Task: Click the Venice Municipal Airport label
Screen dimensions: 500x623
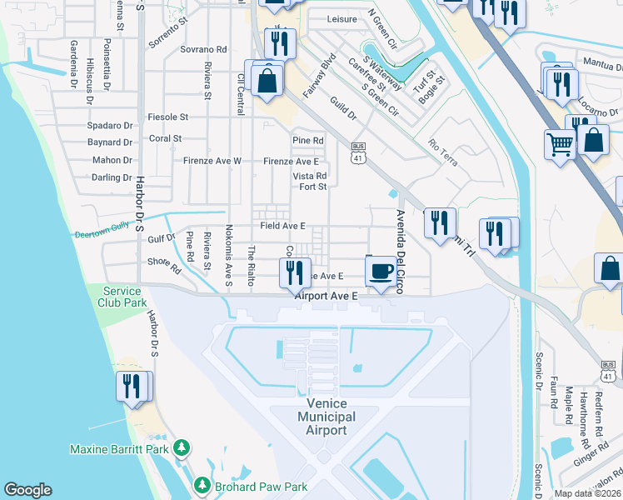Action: [x=325, y=417]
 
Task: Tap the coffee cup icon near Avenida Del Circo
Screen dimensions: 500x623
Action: [x=381, y=271]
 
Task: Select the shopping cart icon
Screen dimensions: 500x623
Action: [x=561, y=144]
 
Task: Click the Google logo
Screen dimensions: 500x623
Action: [x=28, y=490]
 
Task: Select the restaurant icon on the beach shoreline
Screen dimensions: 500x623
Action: [x=132, y=387]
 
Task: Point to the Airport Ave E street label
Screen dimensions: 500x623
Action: [x=326, y=295]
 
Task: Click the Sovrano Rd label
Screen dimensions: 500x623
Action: [x=203, y=50]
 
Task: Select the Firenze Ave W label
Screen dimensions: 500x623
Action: [x=212, y=161]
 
